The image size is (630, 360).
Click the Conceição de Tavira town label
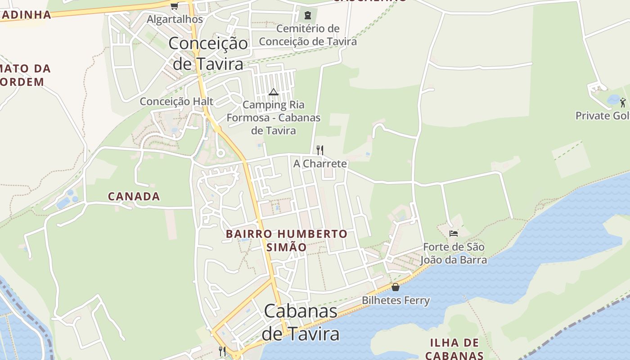point(208,54)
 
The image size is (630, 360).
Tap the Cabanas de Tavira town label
point(301,322)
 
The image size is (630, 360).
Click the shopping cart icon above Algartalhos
point(174,6)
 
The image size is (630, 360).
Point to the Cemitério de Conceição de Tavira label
point(308,35)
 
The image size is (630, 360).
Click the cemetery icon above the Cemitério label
point(307,15)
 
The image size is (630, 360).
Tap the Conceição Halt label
point(176,101)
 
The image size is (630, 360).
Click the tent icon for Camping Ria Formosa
point(273,92)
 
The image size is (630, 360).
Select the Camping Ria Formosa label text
point(274,117)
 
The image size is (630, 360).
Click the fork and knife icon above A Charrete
point(320,150)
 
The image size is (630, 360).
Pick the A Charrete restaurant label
point(320,163)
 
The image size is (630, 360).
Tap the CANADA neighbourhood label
point(134,196)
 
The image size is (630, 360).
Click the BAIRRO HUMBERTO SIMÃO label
point(287,240)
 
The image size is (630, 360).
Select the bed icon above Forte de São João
point(454,233)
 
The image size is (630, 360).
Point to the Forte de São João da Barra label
point(454,253)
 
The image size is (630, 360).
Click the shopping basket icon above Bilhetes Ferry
point(396,287)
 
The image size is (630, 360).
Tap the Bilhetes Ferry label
point(396,301)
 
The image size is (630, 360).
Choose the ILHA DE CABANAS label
point(454,349)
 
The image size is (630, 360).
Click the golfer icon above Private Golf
point(623,102)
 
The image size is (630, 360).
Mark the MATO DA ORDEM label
point(25,75)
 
